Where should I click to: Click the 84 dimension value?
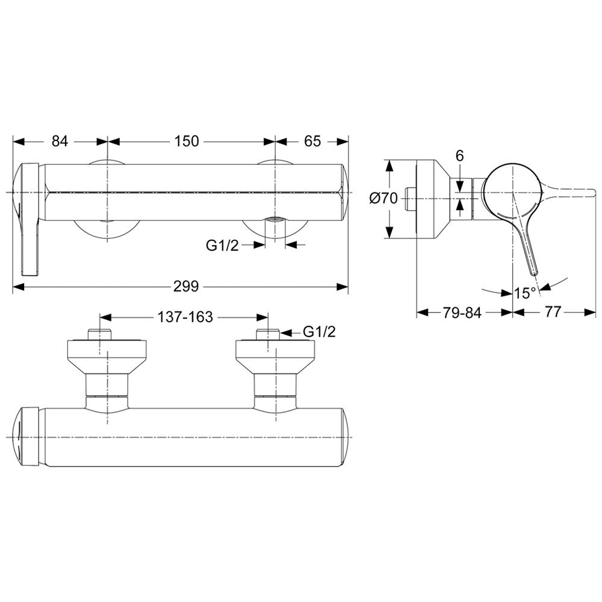point(60,141)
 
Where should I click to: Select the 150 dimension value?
point(187,141)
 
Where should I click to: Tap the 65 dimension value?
point(312,141)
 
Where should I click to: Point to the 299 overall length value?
point(186,286)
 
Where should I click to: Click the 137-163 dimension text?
point(185,317)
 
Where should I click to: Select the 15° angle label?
point(525,293)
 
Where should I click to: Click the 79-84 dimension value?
point(462,312)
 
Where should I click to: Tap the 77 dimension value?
point(553,312)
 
